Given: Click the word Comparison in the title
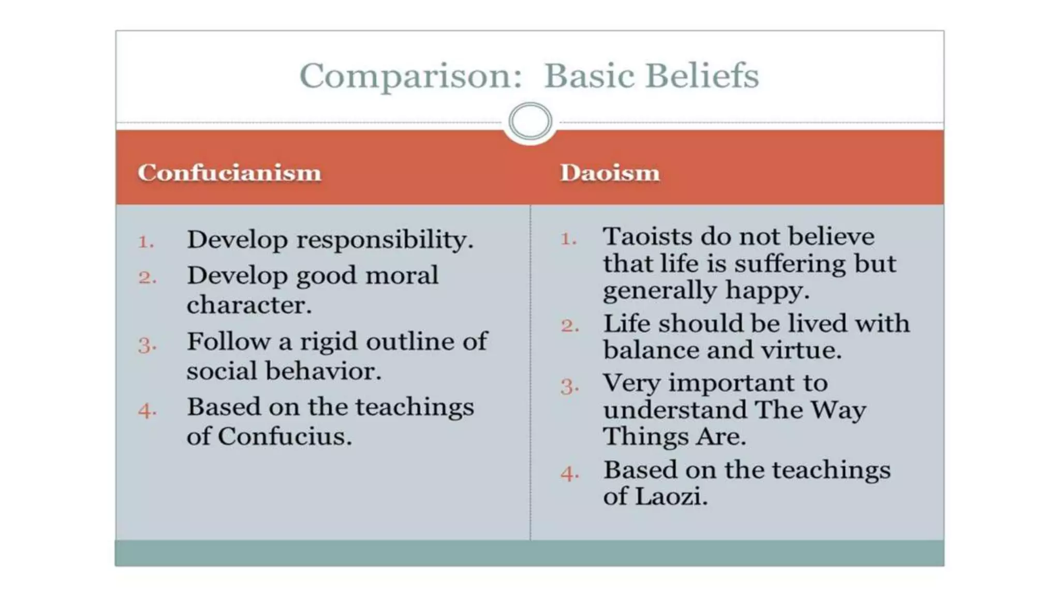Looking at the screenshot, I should click(410, 77).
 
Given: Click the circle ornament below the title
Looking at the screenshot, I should click(530, 122).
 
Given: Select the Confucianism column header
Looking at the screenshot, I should click(229, 173).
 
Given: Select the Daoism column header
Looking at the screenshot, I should click(610, 173).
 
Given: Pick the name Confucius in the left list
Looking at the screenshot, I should click(284, 436).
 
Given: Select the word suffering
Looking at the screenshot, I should click(789, 264).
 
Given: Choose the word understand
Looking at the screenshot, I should click(674, 410).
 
